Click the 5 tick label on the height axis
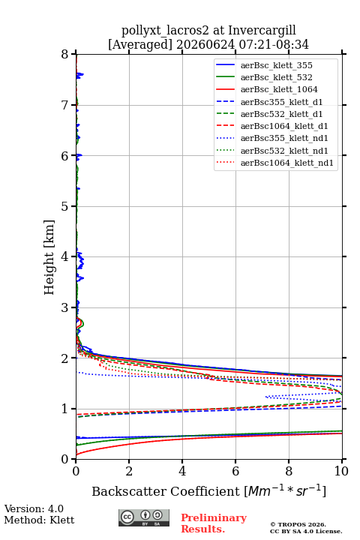point(65,206)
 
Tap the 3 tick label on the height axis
point(65,307)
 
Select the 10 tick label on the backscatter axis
point(341,471)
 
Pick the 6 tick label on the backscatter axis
point(235,471)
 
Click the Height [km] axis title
point(49,257)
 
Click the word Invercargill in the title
point(262,31)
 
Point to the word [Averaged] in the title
point(140,45)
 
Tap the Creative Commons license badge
point(144,518)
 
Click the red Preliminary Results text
point(214,523)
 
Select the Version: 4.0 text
point(34,508)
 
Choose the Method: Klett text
point(39,520)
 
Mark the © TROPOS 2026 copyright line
point(298,524)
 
